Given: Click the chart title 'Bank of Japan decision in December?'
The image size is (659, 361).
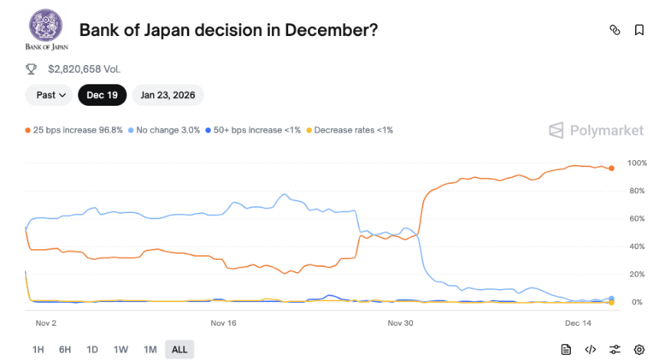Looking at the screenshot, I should [x=229, y=30].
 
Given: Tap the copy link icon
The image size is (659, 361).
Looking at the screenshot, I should [x=614, y=30].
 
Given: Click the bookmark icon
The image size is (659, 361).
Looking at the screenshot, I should [x=639, y=30].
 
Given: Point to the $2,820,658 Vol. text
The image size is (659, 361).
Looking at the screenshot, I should [x=84, y=69].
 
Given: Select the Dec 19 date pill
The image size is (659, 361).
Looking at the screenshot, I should [x=101, y=95].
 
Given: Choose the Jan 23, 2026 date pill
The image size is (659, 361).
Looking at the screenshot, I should [x=168, y=95].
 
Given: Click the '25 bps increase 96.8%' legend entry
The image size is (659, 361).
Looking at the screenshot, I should [x=74, y=130].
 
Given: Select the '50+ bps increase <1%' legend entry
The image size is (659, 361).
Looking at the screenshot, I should [x=253, y=130].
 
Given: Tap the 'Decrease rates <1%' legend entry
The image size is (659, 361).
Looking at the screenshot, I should [x=349, y=130].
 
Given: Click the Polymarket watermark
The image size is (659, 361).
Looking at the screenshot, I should [x=596, y=130].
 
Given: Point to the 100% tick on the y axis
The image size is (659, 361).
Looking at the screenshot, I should [x=637, y=163].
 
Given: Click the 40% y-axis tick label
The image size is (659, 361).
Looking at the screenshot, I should [x=637, y=247].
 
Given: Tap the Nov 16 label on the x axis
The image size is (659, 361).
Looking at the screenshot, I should [x=223, y=323].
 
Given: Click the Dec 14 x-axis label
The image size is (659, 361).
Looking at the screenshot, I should [x=579, y=323].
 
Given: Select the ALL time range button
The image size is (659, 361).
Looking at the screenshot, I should [x=179, y=350].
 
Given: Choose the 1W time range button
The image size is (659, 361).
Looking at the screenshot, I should [x=120, y=350].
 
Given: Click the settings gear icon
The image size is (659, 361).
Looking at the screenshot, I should [x=640, y=350].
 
